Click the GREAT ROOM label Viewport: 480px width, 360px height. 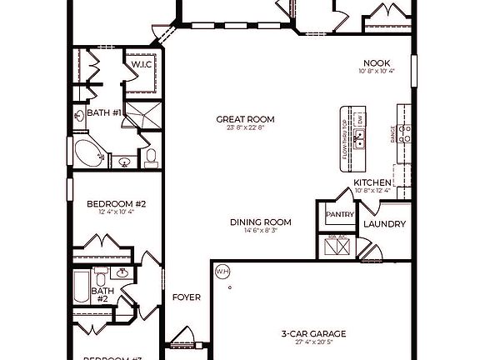click(244, 119)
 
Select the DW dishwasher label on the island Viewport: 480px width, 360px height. click(359, 120)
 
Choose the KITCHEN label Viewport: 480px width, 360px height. click(372, 182)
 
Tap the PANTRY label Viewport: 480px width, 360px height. click(339, 214)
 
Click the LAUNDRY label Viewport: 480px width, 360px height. click(384, 224)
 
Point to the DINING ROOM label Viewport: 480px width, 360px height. click(261, 222)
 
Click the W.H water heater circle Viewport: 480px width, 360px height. click(222, 271)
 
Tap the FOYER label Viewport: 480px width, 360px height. click(186, 297)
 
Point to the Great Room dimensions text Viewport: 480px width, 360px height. click(244, 128)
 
